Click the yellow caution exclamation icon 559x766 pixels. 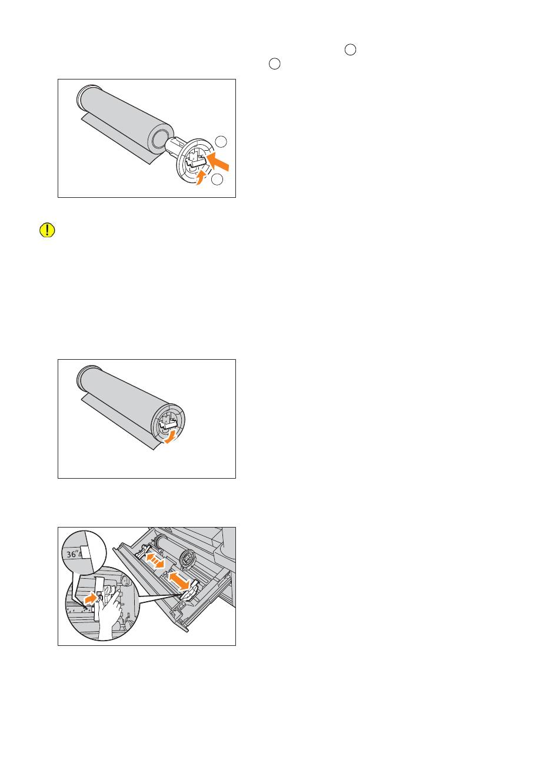pos(47,230)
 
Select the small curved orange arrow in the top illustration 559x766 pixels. pos(201,177)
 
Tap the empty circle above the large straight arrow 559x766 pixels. pos(221,141)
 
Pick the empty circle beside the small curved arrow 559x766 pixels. pos(217,180)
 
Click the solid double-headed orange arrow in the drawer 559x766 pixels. pos(179,580)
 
